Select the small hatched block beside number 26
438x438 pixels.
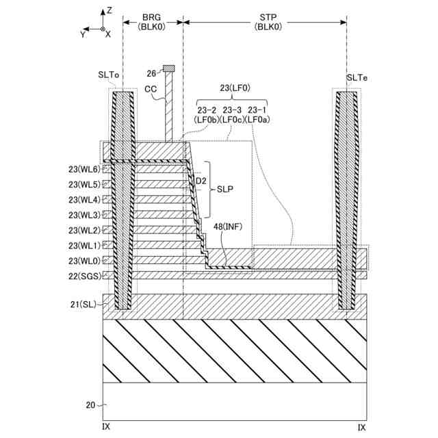click(x=168, y=69)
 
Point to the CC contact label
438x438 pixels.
click(x=151, y=89)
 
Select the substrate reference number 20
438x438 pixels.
click(x=90, y=404)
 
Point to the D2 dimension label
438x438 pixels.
click(x=201, y=181)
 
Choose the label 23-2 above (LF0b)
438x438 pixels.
click(x=207, y=109)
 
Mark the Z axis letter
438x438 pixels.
click(x=109, y=11)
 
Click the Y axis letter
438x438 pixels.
click(x=83, y=32)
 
